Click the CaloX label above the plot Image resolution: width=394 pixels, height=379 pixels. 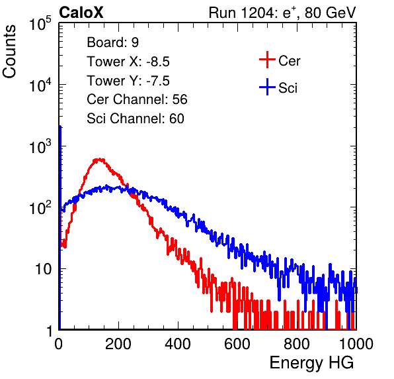pyautogui.click(x=81, y=13)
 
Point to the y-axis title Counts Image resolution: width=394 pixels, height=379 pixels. pyautogui.click(x=9, y=52)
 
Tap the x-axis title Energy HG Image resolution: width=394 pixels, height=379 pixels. pyautogui.click(x=311, y=363)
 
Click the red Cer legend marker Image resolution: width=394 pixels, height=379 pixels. pyautogui.click(x=267, y=60)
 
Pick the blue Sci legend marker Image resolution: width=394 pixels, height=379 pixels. pyautogui.click(x=267, y=87)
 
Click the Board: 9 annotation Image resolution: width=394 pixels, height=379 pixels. pyautogui.click(x=113, y=42)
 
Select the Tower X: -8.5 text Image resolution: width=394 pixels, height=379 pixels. pyautogui.click(x=128, y=62)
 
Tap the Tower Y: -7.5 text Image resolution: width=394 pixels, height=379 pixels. pyautogui.click(x=128, y=81)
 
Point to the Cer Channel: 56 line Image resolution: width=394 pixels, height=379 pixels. pyautogui.click(x=137, y=99)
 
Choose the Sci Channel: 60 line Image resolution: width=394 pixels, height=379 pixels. pyautogui.click(x=136, y=119)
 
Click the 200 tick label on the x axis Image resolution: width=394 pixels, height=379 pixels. pyautogui.click(x=118, y=344)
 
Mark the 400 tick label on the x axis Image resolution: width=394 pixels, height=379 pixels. pyautogui.click(x=178, y=344)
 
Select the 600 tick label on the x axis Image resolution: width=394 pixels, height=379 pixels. pyautogui.click(x=237, y=344)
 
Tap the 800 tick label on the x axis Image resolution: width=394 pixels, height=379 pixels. pyautogui.click(x=297, y=344)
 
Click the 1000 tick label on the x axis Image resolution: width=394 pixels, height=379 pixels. pyautogui.click(x=356, y=344)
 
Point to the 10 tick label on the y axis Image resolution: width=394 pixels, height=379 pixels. pyautogui.click(x=43, y=269)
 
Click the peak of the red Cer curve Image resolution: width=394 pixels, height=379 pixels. pyautogui.click(x=100, y=159)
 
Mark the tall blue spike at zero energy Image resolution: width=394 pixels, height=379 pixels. pyautogui.click(x=60, y=227)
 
